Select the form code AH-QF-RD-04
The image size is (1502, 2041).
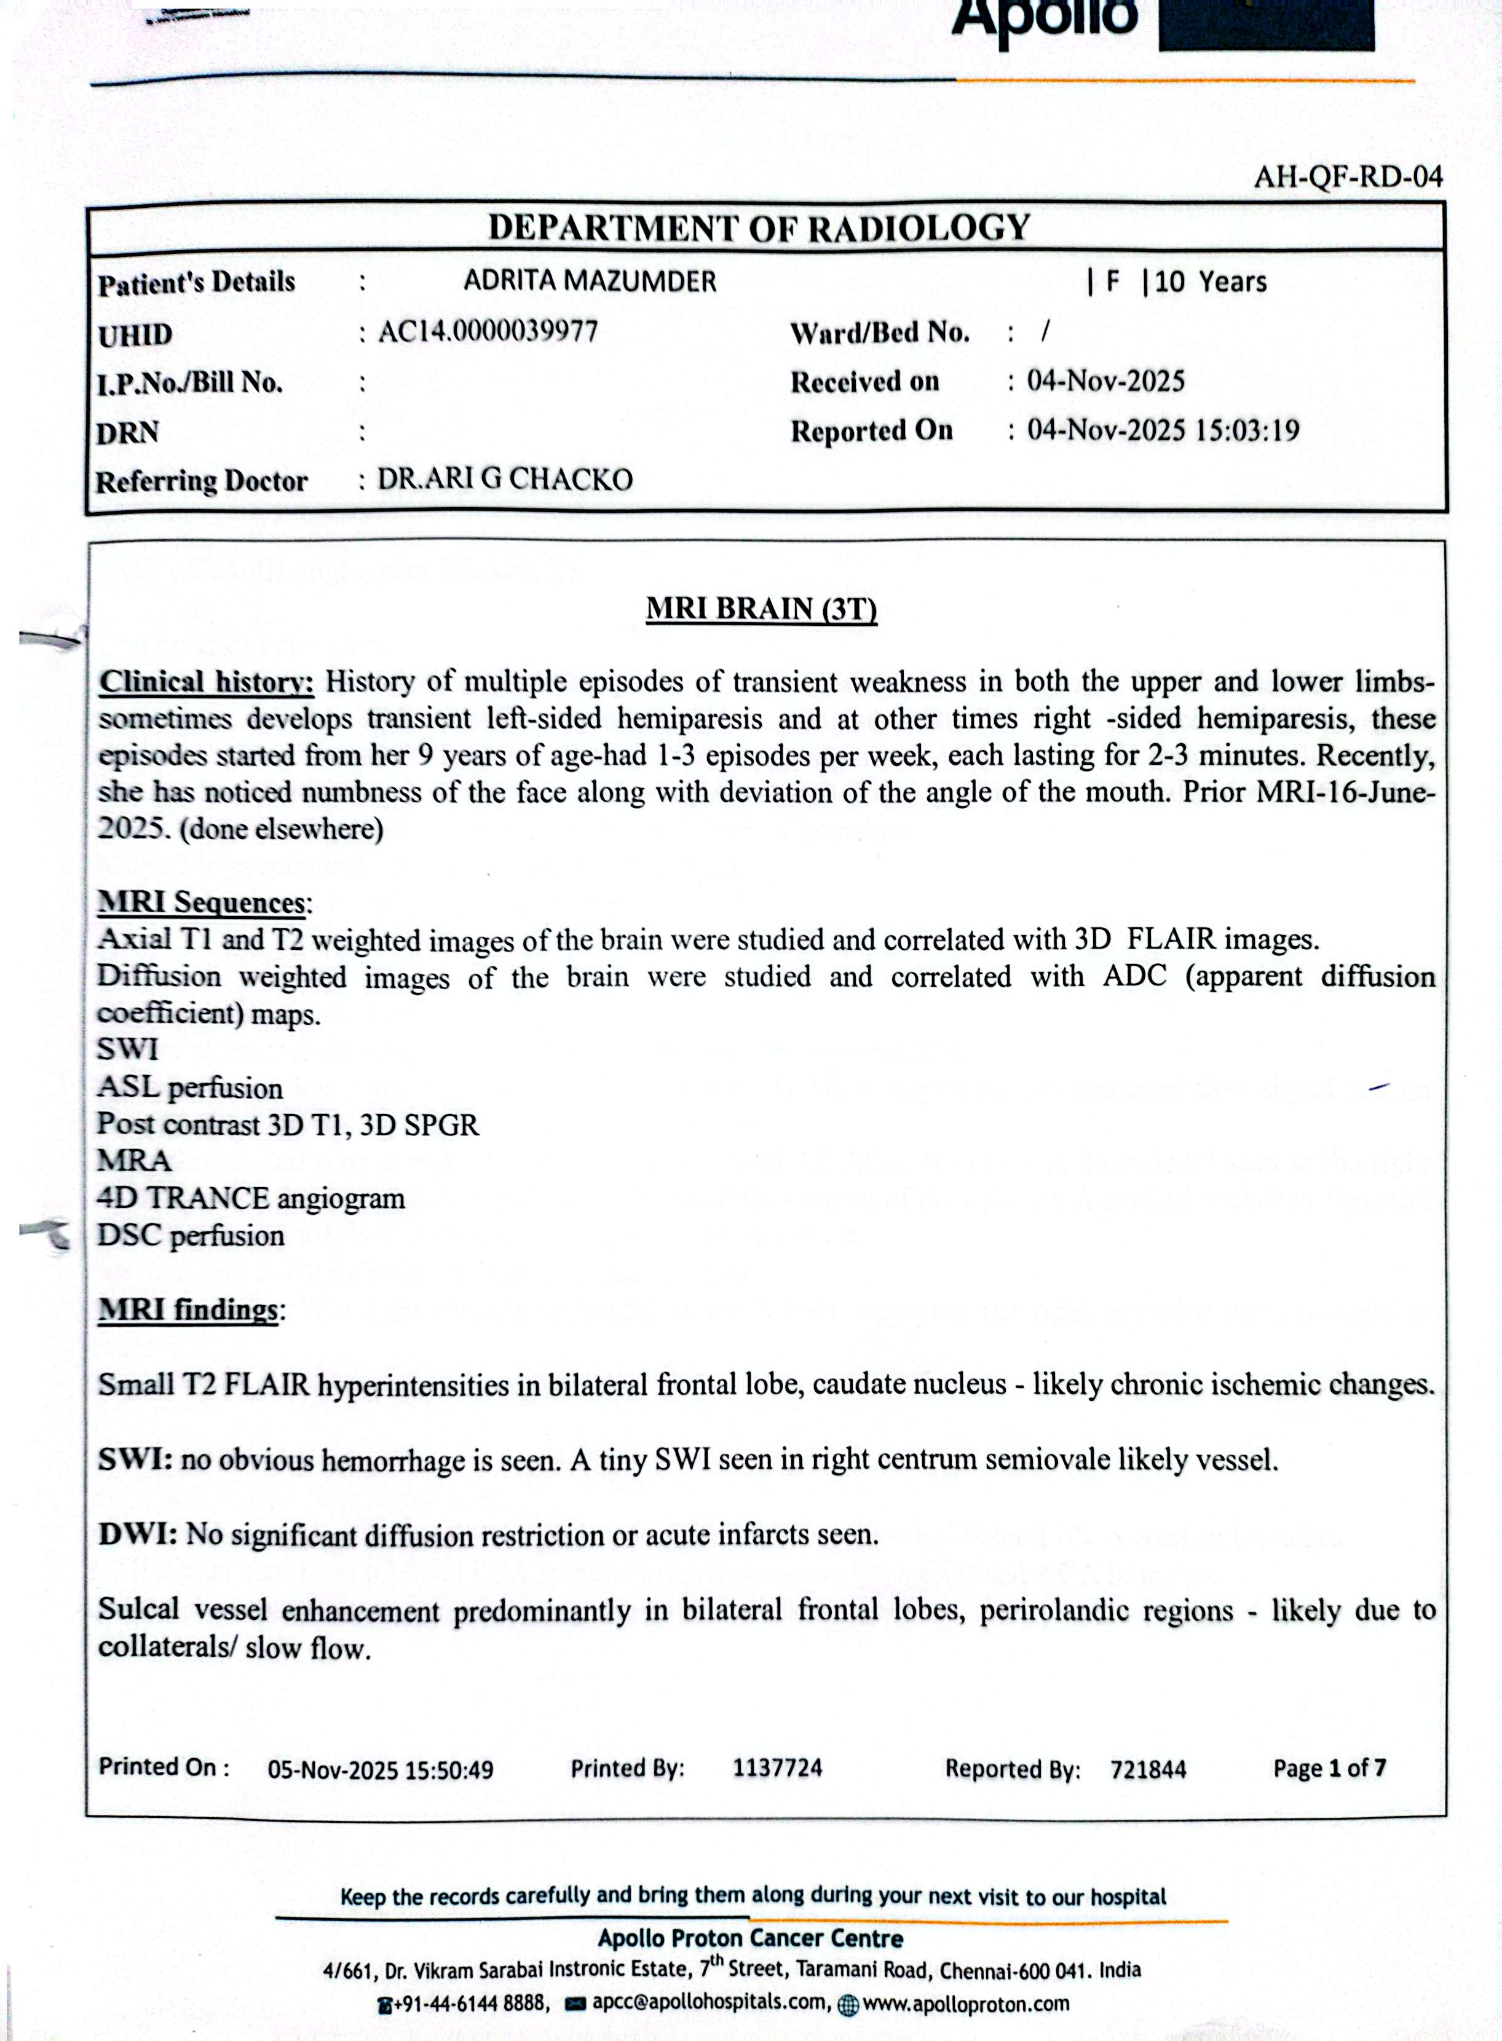pos(1348,176)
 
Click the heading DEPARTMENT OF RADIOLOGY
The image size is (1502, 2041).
pos(759,227)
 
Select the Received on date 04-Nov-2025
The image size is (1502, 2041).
pos(1105,381)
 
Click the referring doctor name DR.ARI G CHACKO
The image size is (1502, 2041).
pos(505,479)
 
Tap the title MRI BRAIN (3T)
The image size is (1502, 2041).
pos(761,609)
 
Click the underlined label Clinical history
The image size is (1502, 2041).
pos(207,682)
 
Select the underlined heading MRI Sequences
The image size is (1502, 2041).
pos(201,902)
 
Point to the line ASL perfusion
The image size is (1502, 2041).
pos(190,1088)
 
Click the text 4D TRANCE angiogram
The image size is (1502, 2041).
pos(251,1198)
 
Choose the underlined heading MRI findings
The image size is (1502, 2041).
pos(188,1309)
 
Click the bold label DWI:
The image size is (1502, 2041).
pos(138,1534)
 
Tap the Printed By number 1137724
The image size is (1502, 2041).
pos(777,1767)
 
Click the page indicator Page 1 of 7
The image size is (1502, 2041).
pos(1329,1767)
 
